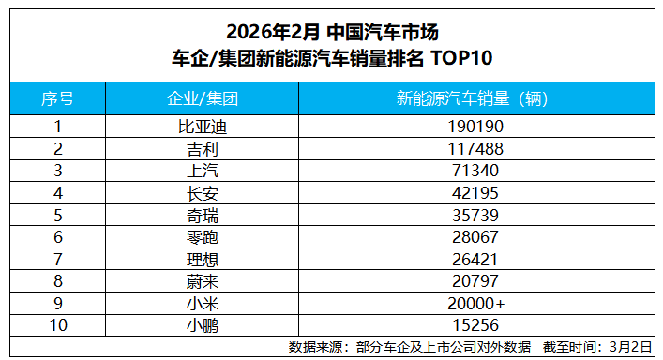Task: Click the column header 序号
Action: pos(58,98)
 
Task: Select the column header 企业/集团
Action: pos(202,98)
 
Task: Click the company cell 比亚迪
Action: pos(202,126)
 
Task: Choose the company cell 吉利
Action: pos(202,148)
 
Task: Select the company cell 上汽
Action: pos(202,171)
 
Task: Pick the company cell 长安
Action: pos(202,193)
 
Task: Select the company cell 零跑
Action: pos(202,238)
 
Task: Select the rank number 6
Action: pos(58,238)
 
